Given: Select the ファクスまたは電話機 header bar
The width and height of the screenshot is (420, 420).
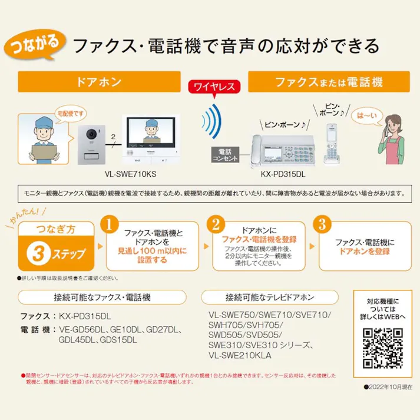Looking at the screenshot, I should pyautogui.click(x=328, y=81).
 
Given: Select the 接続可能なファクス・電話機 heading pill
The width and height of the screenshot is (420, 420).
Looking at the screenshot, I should pyautogui.click(x=94, y=296).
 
